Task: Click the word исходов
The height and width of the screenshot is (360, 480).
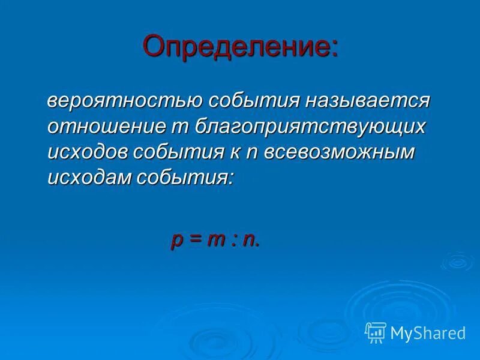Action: coord(86,152)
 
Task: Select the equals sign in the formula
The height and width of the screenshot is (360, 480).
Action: coord(194,239)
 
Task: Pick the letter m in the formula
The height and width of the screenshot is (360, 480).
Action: coord(215,239)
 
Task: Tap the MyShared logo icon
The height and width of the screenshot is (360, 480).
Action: coord(376,332)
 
